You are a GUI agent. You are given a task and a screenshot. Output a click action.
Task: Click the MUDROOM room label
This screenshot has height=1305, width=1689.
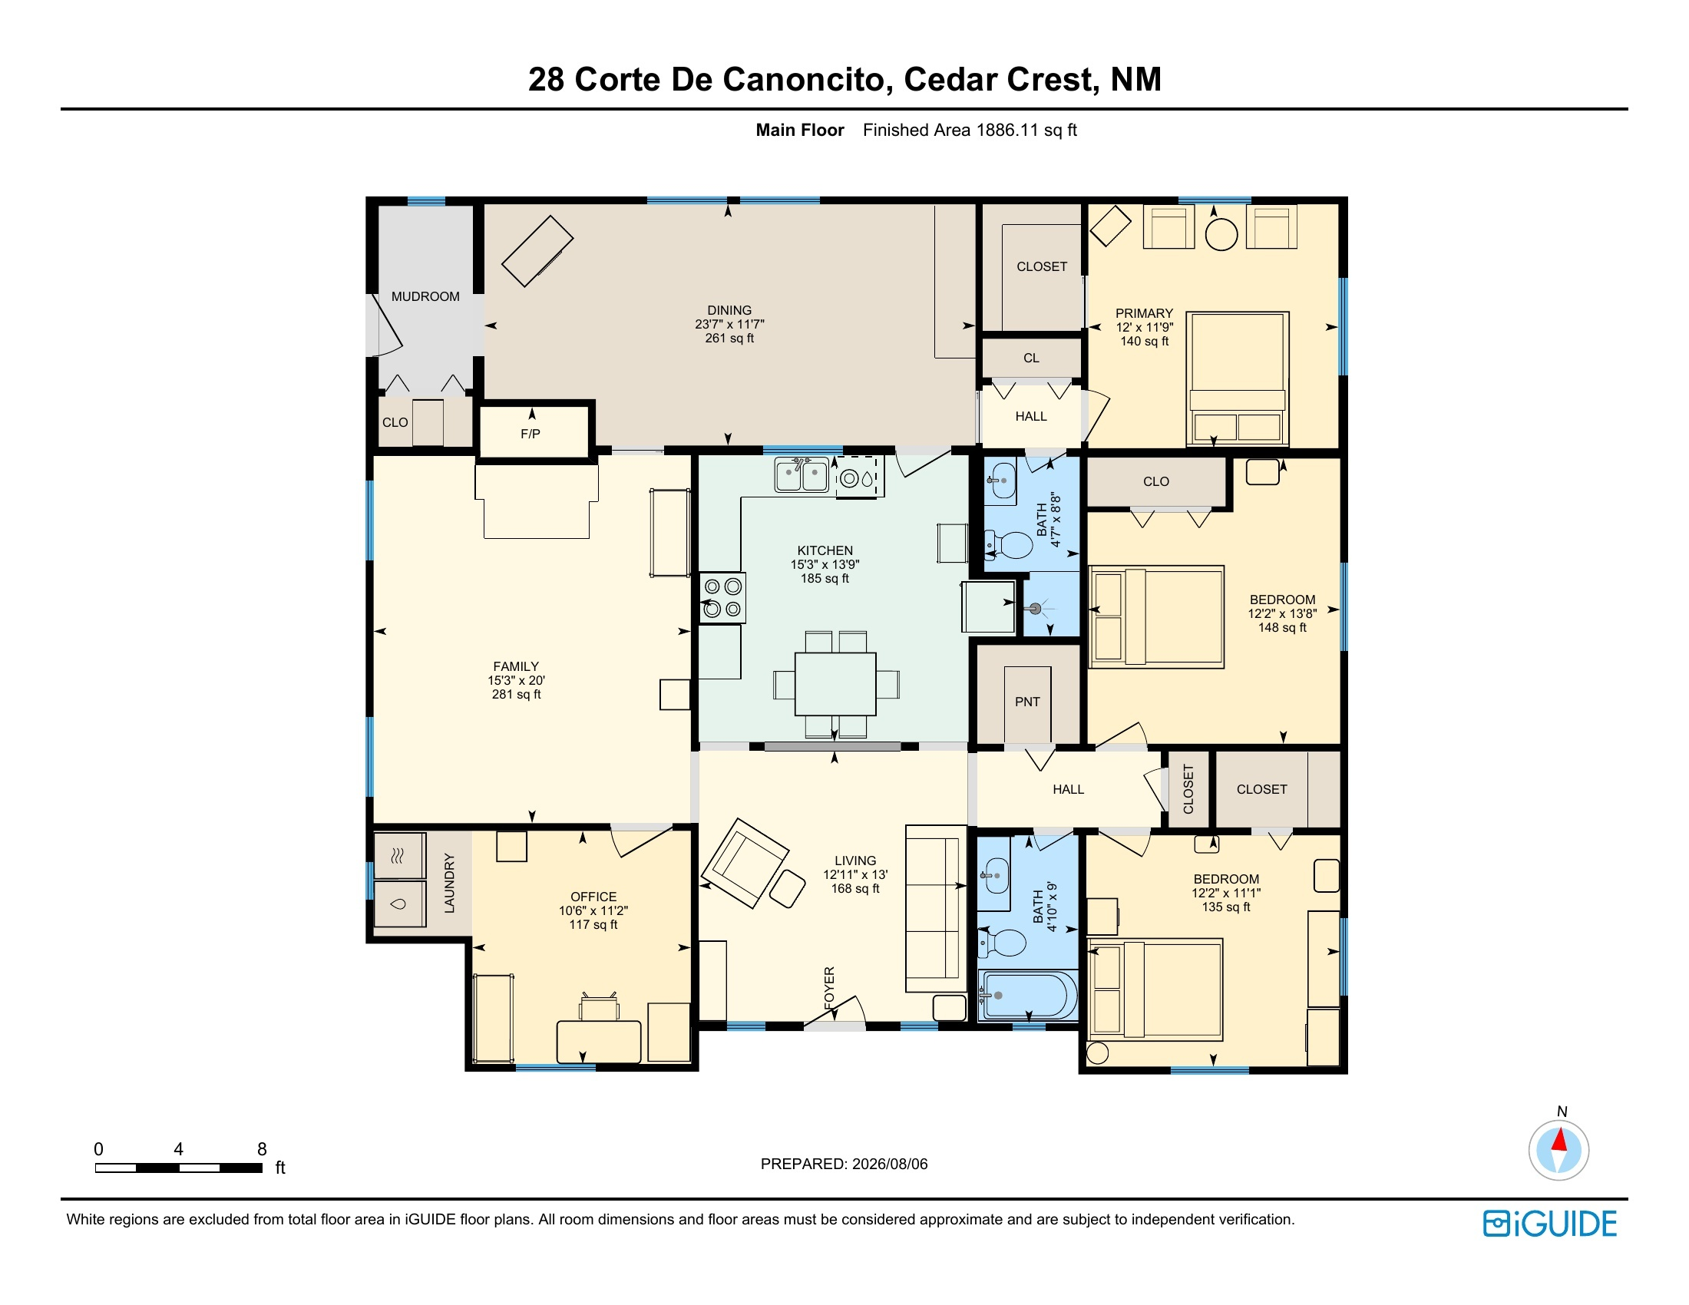[425, 297]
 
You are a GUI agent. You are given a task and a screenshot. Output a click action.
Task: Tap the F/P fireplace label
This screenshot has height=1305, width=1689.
[530, 434]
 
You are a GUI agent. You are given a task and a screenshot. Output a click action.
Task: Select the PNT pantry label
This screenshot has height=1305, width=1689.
[1027, 702]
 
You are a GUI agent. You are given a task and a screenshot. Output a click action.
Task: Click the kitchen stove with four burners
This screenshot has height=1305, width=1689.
[723, 597]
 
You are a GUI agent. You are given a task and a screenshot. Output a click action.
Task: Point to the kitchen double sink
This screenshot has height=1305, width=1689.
[802, 474]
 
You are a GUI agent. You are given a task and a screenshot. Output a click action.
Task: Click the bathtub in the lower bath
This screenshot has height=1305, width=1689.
[1028, 996]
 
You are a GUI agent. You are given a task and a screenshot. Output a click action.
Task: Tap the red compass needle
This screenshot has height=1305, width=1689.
[1559, 1141]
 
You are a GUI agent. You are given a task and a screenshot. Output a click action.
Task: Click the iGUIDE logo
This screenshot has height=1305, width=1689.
[1550, 1224]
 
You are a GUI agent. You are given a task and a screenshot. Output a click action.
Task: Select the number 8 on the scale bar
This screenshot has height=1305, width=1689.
[262, 1150]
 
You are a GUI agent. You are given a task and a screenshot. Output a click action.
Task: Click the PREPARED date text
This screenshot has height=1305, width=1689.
[844, 1165]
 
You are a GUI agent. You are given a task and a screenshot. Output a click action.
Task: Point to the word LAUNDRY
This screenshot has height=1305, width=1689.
[449, 883]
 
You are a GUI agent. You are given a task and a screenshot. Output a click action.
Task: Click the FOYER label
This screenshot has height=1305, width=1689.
[830, 987]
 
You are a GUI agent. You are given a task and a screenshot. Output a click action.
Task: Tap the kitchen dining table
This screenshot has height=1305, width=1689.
[835, 684]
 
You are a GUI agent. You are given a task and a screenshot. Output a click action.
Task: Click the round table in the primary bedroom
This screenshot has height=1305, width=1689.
[1222, 234]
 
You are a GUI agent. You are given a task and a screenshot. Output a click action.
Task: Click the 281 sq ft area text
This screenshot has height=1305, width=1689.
[517, 695]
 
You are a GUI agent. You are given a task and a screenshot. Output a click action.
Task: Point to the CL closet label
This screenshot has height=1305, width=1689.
[1032, 358]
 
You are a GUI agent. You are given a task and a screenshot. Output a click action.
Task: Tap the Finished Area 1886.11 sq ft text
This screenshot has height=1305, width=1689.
[970, 130]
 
